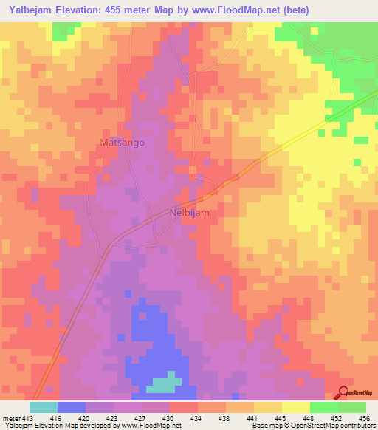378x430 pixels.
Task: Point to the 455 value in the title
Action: pos(123,10)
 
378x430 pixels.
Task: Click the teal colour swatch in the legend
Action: pos(44,407)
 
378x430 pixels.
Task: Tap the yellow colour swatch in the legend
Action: pos(268,407)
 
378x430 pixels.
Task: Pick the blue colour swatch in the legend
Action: pos(72,407)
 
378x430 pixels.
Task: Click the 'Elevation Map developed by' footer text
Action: pos(70,426)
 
